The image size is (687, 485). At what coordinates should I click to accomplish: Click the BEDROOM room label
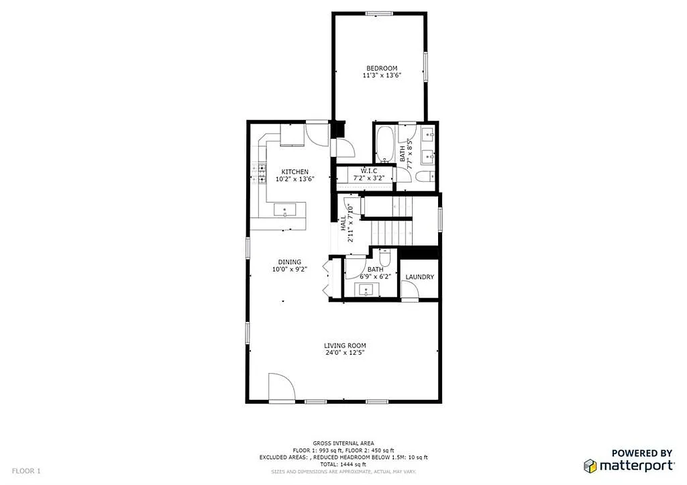point(381,68)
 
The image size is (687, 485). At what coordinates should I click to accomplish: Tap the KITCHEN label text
point(295,172)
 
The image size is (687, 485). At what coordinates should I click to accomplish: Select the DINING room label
point(290,262)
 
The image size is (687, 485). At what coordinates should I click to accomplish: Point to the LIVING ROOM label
point(344,345)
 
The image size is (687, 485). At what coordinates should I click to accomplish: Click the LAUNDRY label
point(420,277)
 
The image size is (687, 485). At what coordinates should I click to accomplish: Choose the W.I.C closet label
point(368,171)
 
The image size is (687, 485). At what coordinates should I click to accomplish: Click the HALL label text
point(343,223)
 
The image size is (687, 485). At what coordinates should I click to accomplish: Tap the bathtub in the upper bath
point(385,144)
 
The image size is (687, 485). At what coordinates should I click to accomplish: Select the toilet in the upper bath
point(423,177)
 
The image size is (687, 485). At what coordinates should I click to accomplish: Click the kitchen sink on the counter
point(285,210)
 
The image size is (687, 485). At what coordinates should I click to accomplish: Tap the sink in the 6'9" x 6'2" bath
point(366,290)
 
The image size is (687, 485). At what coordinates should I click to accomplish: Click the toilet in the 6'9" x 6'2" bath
point(385,258)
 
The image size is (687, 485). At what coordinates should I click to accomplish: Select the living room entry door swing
point(280,387)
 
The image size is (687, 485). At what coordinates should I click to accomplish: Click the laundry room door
point(409,290)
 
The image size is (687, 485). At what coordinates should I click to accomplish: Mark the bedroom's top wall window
point(379,13)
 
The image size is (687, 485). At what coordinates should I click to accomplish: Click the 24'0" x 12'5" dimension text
point(344,353)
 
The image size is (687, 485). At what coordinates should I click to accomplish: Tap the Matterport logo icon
point(590,466)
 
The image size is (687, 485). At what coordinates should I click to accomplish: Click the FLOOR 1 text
point(26,471)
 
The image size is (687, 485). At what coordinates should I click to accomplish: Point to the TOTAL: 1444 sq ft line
point(343,464)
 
